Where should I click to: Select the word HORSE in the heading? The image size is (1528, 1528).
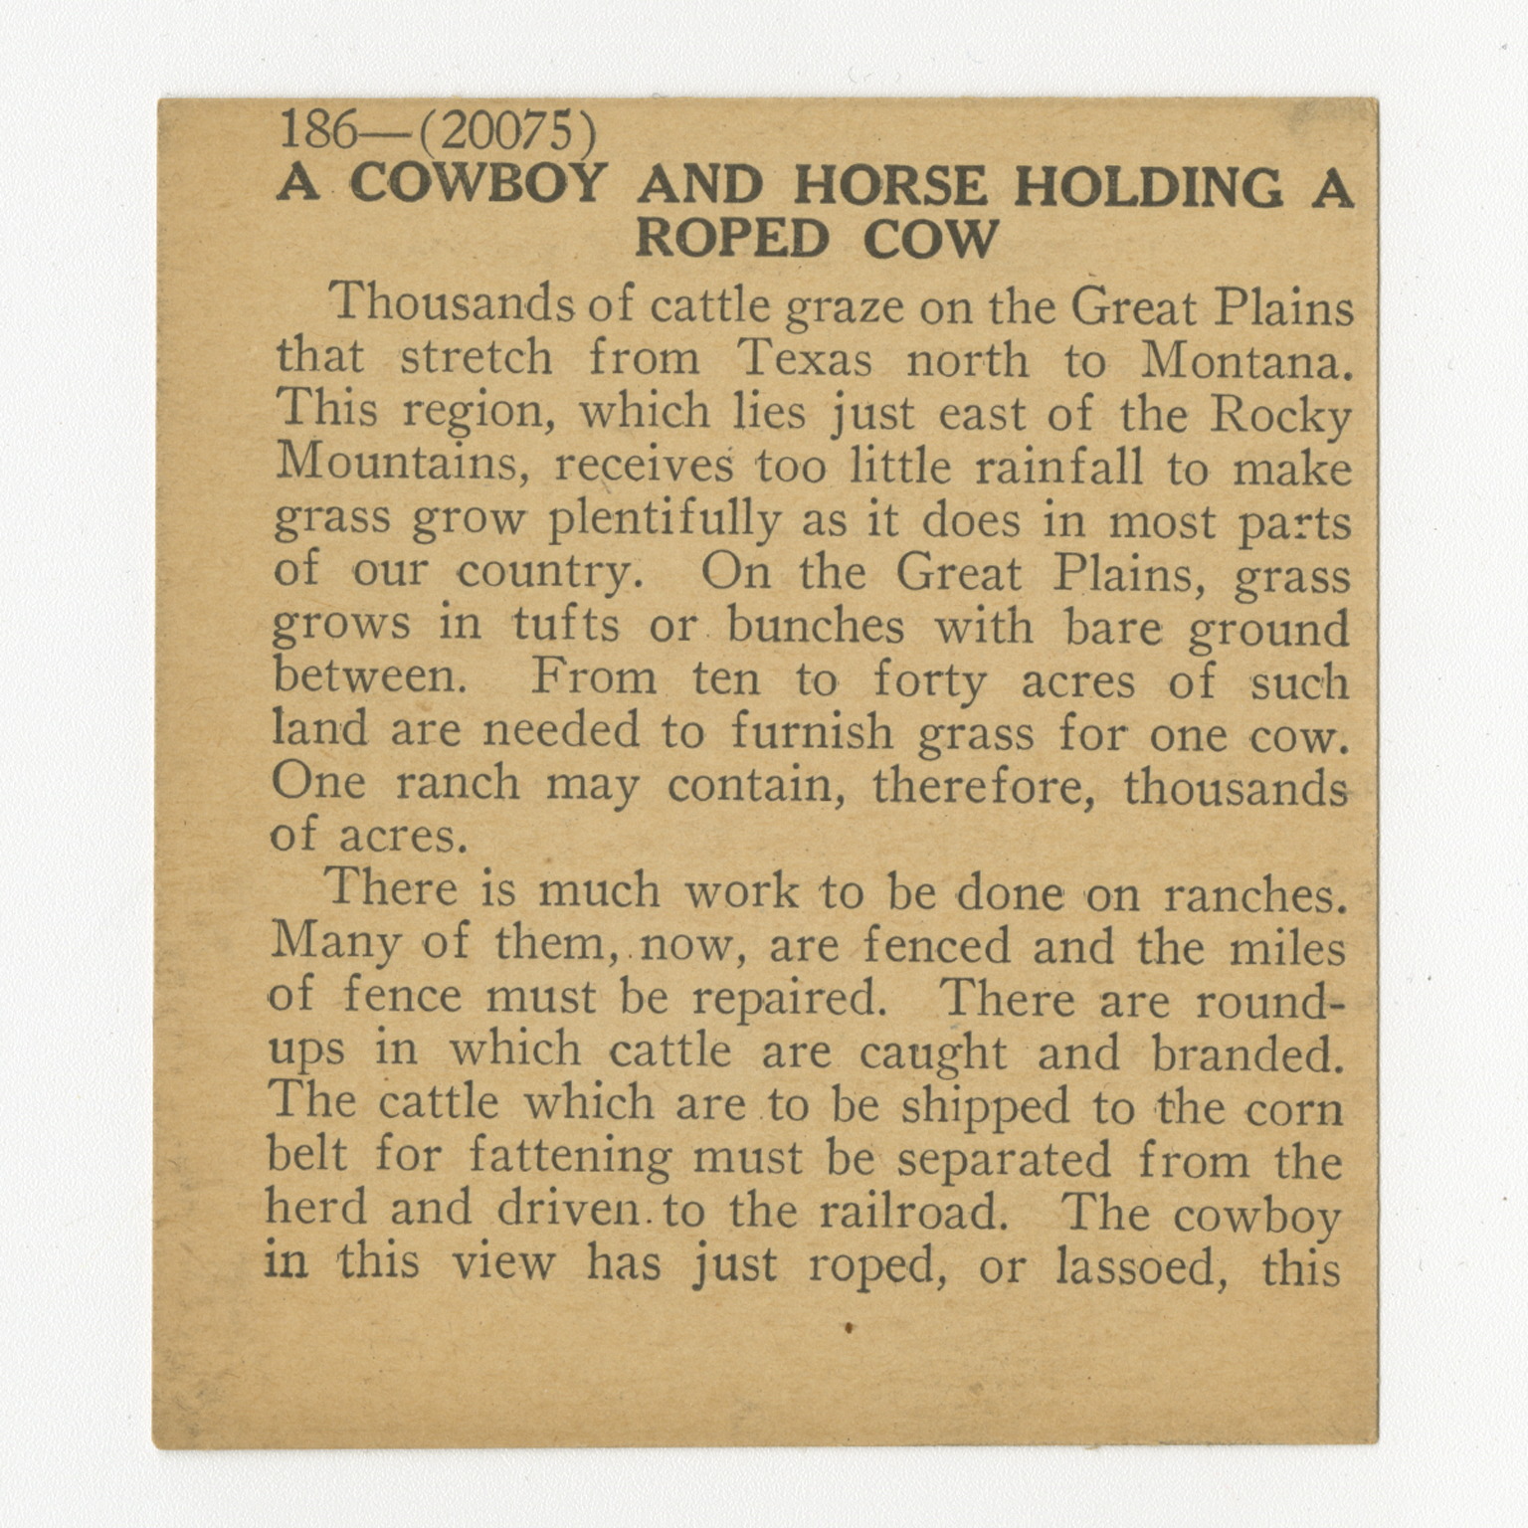[890, 186]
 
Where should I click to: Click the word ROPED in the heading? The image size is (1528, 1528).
[732, 239]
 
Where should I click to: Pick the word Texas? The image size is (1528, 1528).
[805, 358]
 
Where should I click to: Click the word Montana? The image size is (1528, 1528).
[1246, 360]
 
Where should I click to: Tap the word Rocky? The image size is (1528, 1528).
[1281, 416]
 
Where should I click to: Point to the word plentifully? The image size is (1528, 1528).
[664, 519]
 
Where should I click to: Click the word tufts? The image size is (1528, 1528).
[565, 625]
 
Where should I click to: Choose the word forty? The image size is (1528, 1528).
[930, 680]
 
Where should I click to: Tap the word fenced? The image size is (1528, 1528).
[936, 944]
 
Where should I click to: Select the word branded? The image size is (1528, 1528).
[1247, 1052]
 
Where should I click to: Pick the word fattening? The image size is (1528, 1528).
[570, 1157]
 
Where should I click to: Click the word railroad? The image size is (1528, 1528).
[908, 1211]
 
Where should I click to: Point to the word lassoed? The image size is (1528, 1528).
[1141, 1267]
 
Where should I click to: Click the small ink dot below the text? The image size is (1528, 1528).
[849, 1326]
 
